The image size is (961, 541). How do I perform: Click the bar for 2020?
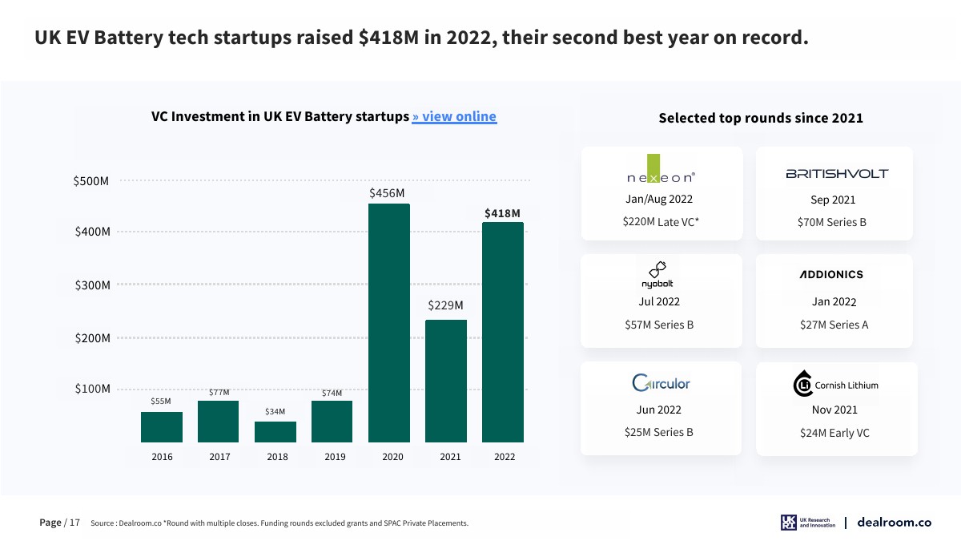[388, 322]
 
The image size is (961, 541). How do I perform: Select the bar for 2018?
[275, 431]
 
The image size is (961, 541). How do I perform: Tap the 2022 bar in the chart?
[502, 332]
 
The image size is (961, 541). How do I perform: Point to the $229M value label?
[445, 305]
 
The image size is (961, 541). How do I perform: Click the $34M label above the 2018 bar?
[275, 411]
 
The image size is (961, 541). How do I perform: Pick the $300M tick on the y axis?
[91, 285]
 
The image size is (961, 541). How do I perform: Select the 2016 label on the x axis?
[162, 457]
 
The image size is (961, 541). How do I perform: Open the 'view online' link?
[454, 116]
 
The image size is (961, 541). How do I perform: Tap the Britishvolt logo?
[837, 173]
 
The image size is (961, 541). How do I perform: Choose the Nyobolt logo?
[657, 274]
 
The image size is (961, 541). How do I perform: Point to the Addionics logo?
[831, 274]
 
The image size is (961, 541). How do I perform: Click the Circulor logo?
[661, 383]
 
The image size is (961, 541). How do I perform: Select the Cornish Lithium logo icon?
[802, 385]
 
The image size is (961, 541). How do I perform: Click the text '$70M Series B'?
[832, 222]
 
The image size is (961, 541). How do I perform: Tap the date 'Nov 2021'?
[834, 410]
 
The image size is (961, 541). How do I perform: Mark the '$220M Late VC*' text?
[661, 222]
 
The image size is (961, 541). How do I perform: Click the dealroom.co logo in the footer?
[894, 523]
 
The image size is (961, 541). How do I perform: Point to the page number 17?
[74, 523]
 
